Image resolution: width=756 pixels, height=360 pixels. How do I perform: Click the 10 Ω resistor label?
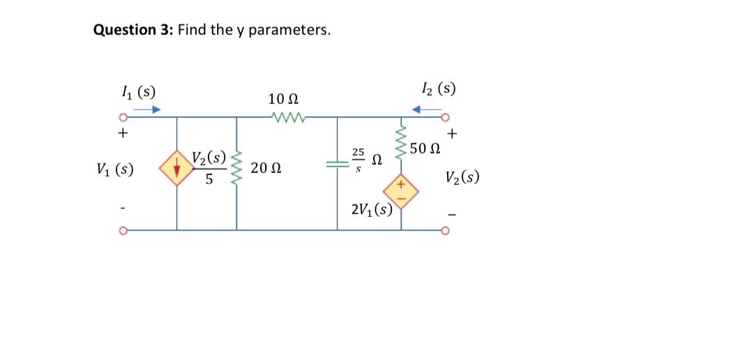tap(284, 99)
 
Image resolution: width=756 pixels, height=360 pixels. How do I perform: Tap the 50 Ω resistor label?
tap(426, 148)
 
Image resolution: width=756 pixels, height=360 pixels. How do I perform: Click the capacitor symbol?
tap(338, 165)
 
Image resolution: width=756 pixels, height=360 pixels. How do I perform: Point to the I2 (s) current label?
tap(439, 89)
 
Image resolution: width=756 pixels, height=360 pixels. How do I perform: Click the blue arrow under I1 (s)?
tap(147, 110)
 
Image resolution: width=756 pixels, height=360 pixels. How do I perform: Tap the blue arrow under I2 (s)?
tap(426, 110)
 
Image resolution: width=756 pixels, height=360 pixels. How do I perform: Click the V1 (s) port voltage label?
tap(117, 170)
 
